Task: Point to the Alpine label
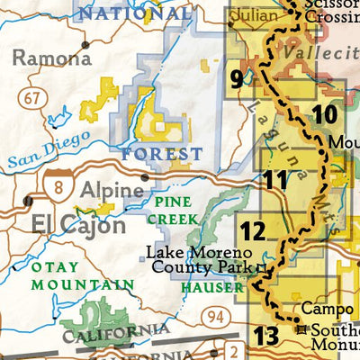pos(112,191)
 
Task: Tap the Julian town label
pos(255,15)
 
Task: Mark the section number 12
pos(253,231)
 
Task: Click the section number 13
pos(265,337)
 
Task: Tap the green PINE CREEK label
pos(172,210)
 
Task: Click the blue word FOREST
pos(163,154)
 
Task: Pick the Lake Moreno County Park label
pos(200,259)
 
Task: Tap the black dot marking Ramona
pos(85,44)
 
